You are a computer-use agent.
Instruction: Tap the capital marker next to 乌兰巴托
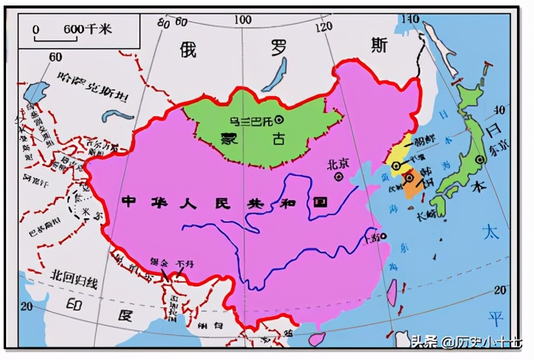(280, 120)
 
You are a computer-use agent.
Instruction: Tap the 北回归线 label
(74, 279)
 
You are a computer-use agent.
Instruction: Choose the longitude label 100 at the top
(243, 20)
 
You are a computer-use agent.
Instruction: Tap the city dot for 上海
(384, 237)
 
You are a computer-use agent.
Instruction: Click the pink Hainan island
(316, 339)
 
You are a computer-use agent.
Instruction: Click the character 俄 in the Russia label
(189, 49)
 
